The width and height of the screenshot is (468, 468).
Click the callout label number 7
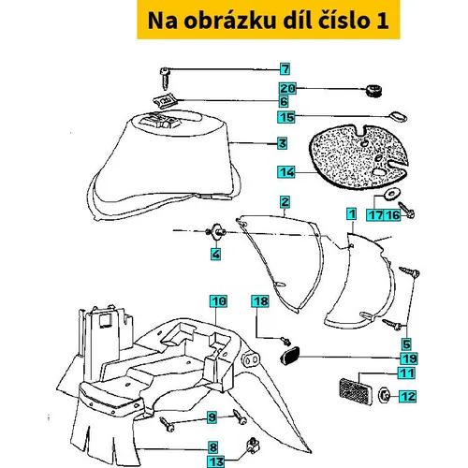[x=285, y=69]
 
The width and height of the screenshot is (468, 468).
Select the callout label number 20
[x=287, y=89]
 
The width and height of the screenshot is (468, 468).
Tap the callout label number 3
[x=283, y=143]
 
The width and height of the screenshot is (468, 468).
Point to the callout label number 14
[x=286, y=172]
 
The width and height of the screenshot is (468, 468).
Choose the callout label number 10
[x=218, y=301]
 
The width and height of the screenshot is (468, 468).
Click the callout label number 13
[x=216, y=461]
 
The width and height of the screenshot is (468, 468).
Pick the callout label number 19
[x=409, y=358]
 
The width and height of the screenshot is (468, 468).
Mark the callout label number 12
[x=407, y=396]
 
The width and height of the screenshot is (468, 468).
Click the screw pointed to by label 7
[x=166, y=78]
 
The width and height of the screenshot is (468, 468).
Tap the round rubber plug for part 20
[x=373, y=91]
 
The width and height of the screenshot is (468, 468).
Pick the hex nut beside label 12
[x=384, y=396]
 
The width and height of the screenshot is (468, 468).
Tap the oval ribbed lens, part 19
[x=289, y=356]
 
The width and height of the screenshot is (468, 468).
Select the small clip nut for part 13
[x=254, y=446]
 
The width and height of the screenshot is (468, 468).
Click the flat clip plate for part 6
[x=166, y=101]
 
